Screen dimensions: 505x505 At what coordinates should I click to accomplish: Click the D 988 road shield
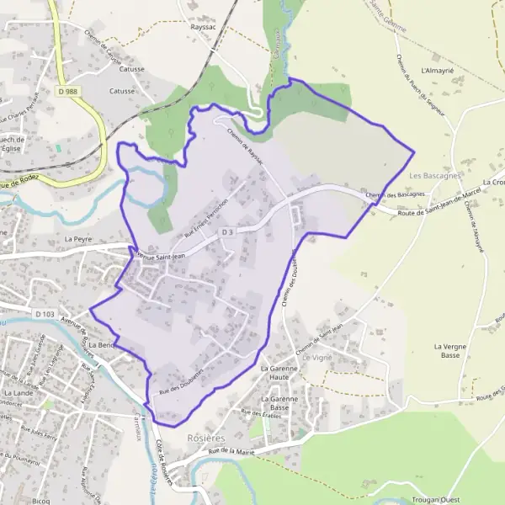[69, 90]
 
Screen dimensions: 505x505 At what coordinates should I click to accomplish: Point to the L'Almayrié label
[438, 71]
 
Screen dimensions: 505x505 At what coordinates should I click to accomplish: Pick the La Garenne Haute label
[279, 374]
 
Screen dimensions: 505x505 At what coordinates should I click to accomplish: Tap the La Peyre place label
[77, 239]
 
